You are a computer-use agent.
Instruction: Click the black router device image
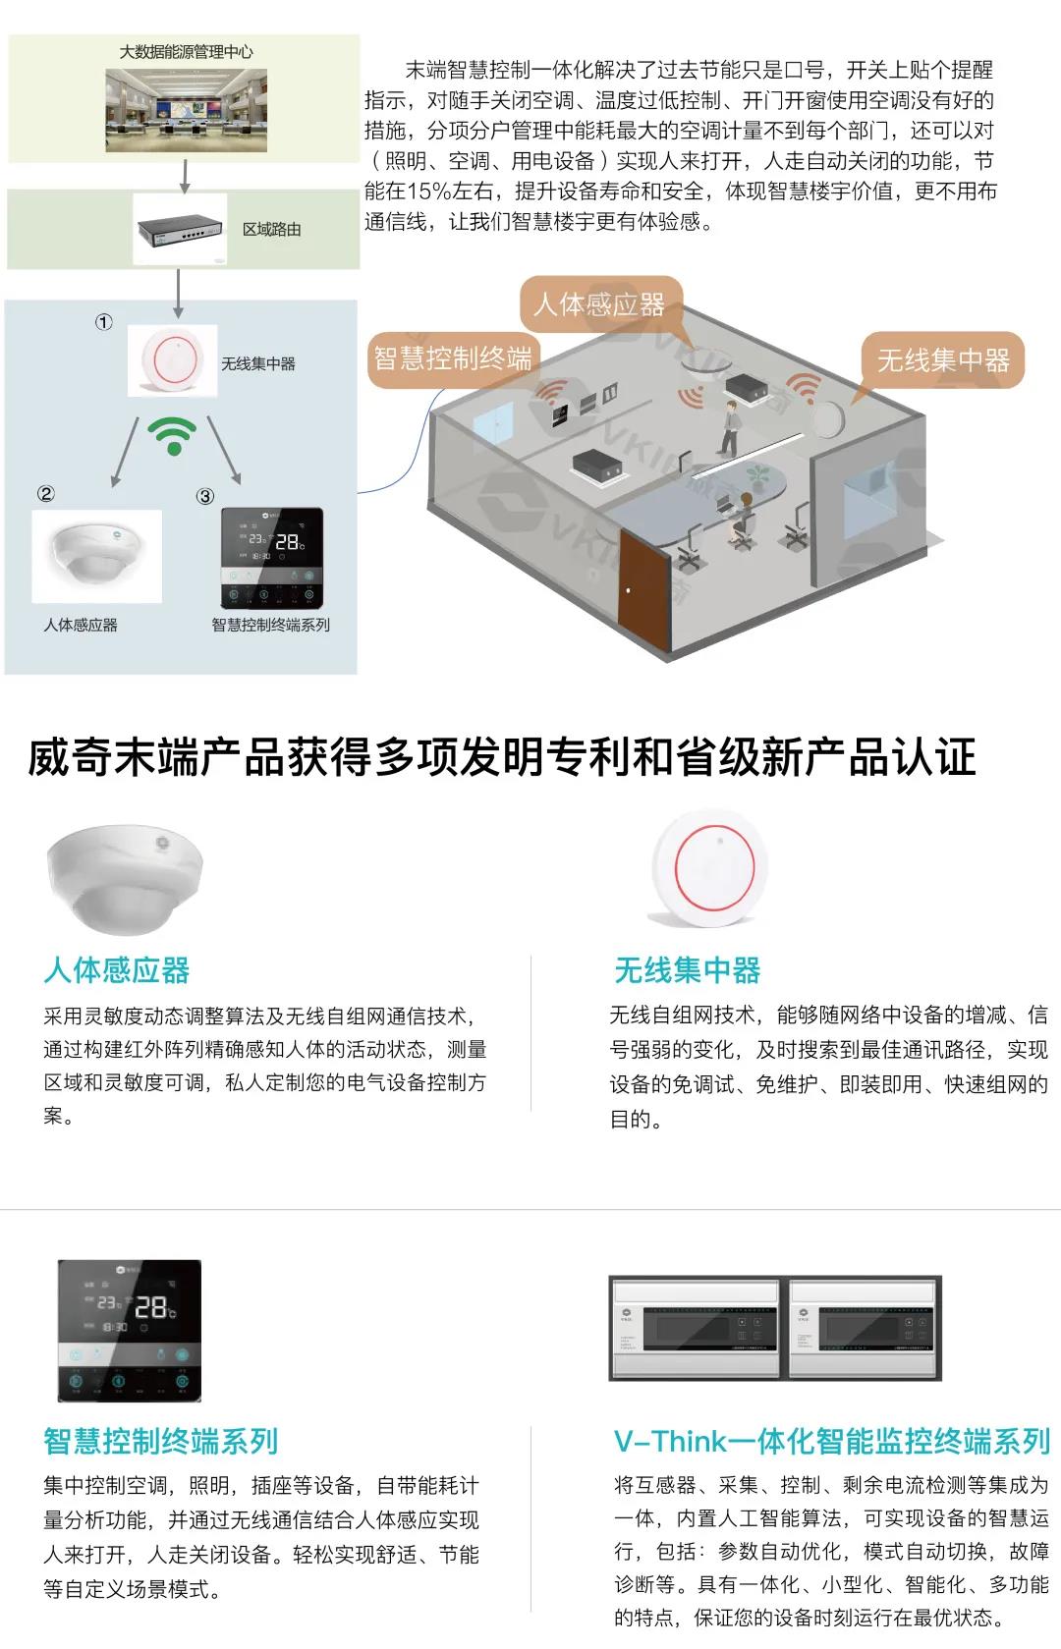click(181, 228)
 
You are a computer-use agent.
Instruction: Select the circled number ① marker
click(103, 322)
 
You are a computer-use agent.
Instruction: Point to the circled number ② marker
click(45, 494)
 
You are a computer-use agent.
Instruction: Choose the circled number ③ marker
click(204, 496)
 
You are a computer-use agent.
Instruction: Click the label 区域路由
click(272, 230)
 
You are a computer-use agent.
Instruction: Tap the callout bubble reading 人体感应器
click(598, 304)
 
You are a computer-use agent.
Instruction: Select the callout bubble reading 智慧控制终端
click(452, 358)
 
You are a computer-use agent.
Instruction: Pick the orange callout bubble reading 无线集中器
click(942, 360)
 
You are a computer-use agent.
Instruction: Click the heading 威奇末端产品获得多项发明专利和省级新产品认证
click(502, 757)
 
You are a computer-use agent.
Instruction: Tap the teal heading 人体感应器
click(116, 970)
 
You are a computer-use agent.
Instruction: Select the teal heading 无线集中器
click(687, 970)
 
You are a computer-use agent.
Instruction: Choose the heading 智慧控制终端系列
click(161, 1441)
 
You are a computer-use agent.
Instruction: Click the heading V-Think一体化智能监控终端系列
click(831, 1441)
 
